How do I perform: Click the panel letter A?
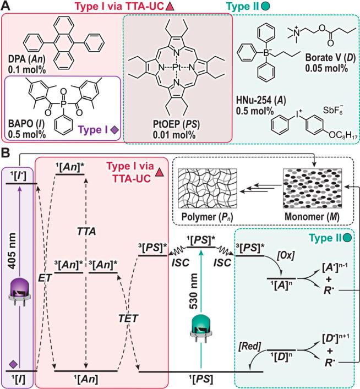7,7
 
